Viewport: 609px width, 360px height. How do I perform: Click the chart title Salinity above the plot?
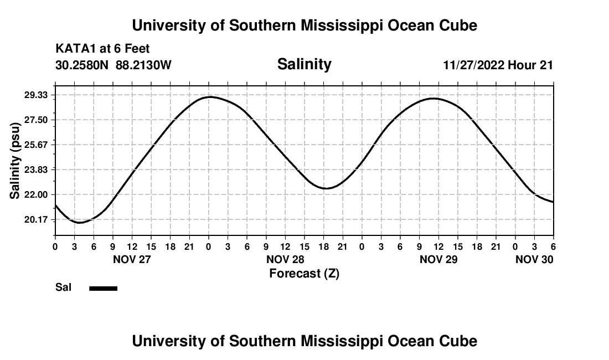click(x=304, y=64)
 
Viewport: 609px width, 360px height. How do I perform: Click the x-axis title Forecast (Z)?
click(x=304, y=274)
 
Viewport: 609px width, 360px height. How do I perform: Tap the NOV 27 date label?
click(x=131, y=260)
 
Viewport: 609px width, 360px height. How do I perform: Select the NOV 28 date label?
click(x=285, y=260)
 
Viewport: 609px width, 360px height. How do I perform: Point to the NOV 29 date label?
click(x=438, y=260)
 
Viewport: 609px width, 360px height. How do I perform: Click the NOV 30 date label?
click(x=534, y=260)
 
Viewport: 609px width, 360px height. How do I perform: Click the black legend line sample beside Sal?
click(x=103, y=288)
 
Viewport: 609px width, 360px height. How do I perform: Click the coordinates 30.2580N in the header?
click(x=83, y=65)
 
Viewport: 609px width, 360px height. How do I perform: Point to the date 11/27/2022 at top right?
click(x=473, y=65)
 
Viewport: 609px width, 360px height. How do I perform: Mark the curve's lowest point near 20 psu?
click(x=80, y=223)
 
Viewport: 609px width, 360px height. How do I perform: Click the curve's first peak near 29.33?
click(x=210, y=97)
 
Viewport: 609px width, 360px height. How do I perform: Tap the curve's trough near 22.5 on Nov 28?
click(x=326, y=188)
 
